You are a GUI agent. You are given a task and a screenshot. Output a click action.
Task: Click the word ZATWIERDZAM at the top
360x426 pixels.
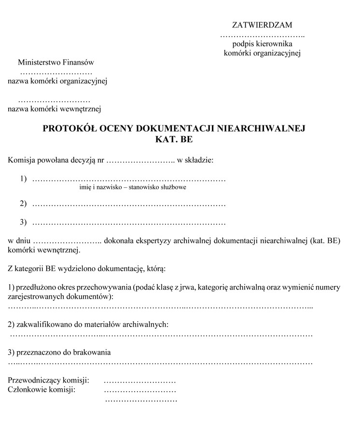(x=262, y=25)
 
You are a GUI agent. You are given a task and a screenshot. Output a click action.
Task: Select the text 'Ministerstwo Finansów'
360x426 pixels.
(x=55, y=62)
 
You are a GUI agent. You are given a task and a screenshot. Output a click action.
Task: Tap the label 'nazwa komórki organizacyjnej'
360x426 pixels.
(x=57, y=81)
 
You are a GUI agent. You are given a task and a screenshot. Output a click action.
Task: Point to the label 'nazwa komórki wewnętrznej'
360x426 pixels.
(x=54, y=109)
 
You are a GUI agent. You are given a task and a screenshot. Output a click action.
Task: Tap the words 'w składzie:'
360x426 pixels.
(x=195, y=160)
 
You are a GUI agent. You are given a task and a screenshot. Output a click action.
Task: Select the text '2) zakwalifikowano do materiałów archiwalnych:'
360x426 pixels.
(x=88, y=324)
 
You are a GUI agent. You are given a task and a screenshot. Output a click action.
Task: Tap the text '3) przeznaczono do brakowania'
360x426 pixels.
(x=59, y=352)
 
